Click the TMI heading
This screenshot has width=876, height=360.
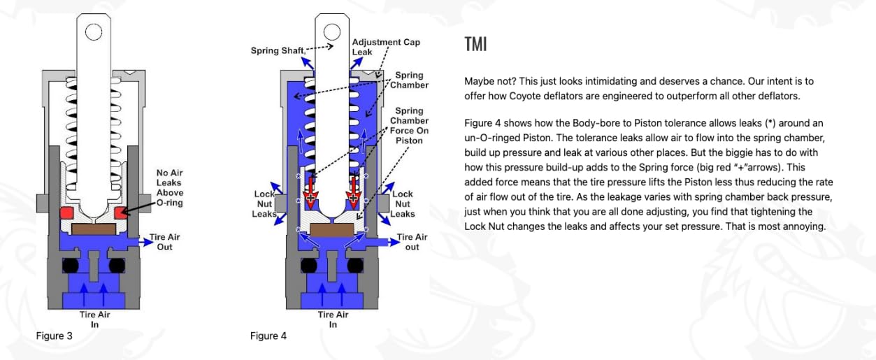(x=475, y=44)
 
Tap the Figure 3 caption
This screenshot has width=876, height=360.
(x=55, y=336)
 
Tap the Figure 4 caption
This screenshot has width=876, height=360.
(x=268, y=336)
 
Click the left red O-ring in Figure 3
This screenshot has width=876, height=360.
(x=66, y=213)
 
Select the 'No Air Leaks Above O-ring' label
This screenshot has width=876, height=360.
(x=170, y=187)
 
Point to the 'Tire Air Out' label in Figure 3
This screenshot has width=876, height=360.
(x=164, y=242)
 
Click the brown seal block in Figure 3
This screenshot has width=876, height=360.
(x=94, y=229)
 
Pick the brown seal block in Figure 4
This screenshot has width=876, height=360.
(x=332, y=229)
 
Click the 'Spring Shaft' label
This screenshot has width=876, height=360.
(x=278, y=50)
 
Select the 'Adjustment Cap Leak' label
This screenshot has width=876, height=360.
(x=386, y=47)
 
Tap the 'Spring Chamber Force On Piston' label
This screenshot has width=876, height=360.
(x=409, y=125)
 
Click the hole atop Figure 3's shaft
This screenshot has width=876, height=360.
(x=94, y=31)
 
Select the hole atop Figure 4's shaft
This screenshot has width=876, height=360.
(x=332, y=31)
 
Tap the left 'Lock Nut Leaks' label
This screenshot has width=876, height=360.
(x=264, y=204)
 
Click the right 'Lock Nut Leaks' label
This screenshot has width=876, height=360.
(x=403, y=204)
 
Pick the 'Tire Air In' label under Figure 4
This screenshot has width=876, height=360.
(x=333, y=319)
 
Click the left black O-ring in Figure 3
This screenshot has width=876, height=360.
(x=71, y=266)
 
